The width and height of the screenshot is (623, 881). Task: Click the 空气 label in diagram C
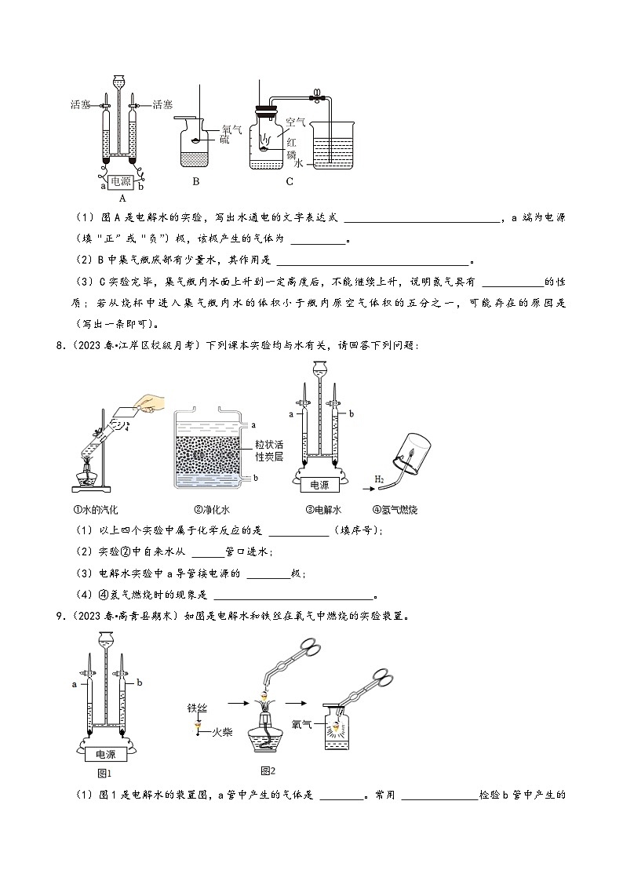(x=295, y=122)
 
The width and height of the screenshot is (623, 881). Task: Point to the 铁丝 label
(x=198, y=708)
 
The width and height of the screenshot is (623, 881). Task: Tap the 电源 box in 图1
(x=106, y=755)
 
